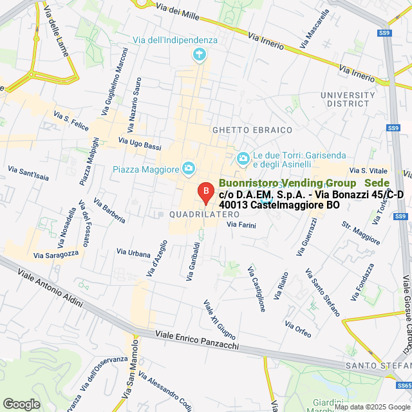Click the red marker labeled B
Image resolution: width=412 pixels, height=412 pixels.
pyautogui.click(x=205, y=192)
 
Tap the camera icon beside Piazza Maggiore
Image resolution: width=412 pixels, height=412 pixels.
pyautogui.click(x=189, y=169)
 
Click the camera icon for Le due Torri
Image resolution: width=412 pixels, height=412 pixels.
pyautogui.click(x=243, y=158)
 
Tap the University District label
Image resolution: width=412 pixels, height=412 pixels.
pyautogui.click(x=348, y=99)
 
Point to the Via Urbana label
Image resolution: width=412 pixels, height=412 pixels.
pyautogui.click(x=133, y=253)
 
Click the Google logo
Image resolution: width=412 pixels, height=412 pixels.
pyautogui.click(x=21, y=404)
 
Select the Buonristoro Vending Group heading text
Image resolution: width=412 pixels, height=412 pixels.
pyautogui.click(x=286, y=183)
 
